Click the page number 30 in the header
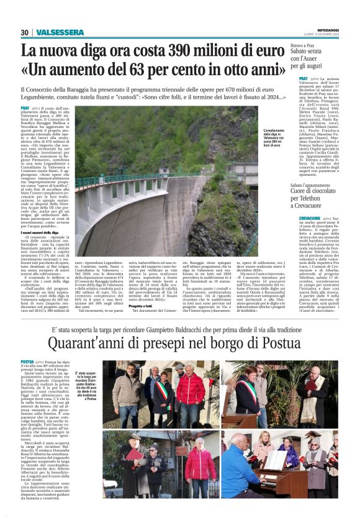[25, 33]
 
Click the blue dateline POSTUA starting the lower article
[27, 362]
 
